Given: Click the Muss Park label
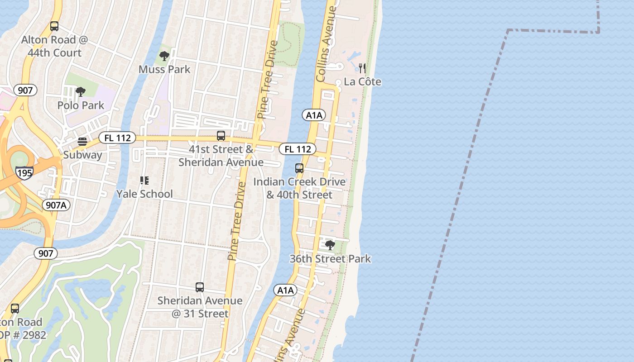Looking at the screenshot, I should point(164,69).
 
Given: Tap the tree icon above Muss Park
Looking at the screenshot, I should point(164,56).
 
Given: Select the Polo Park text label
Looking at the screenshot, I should point(81,105).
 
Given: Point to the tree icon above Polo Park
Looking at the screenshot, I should point(81,92).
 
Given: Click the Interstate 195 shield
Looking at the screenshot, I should point(24,172).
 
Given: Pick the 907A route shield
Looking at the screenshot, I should point(57,205).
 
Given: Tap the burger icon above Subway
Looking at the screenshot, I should point(82,142).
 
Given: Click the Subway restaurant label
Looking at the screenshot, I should point(82,155).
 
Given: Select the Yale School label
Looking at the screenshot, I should point(144,194).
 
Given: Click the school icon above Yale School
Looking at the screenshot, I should point(144,181).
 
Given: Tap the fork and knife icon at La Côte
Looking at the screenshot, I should point(362,68).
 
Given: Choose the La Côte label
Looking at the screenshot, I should point(362,82).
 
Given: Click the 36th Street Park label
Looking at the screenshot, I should point(330,259).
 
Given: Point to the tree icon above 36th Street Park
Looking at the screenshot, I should point(330,245).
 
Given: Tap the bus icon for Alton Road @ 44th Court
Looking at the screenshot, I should point(54,26).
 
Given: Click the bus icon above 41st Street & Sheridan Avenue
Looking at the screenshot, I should point(221,135).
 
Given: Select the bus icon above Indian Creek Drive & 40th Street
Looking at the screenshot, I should point(299,168).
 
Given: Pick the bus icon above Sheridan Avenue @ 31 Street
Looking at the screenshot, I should point(200,287).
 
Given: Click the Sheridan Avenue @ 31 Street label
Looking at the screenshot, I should point(200,307).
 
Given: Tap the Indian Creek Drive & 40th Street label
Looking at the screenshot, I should point(299,188).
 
